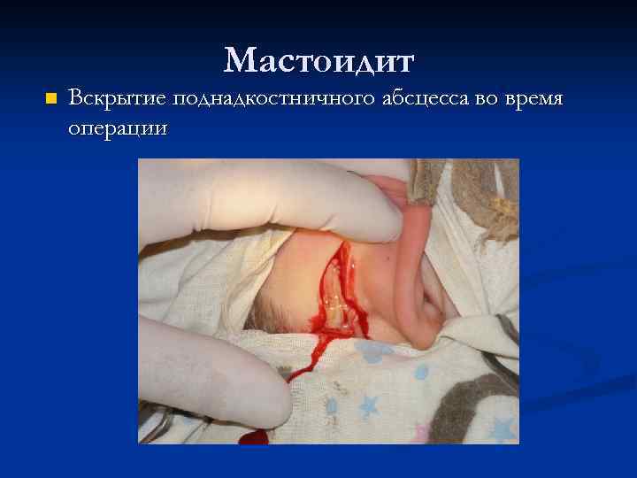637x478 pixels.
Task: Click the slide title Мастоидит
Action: point(318,60)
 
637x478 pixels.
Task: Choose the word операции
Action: point(117,127)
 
